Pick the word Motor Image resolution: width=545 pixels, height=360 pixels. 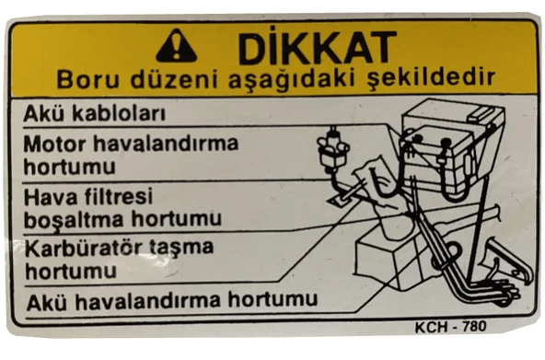click(x=58, y=145)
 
